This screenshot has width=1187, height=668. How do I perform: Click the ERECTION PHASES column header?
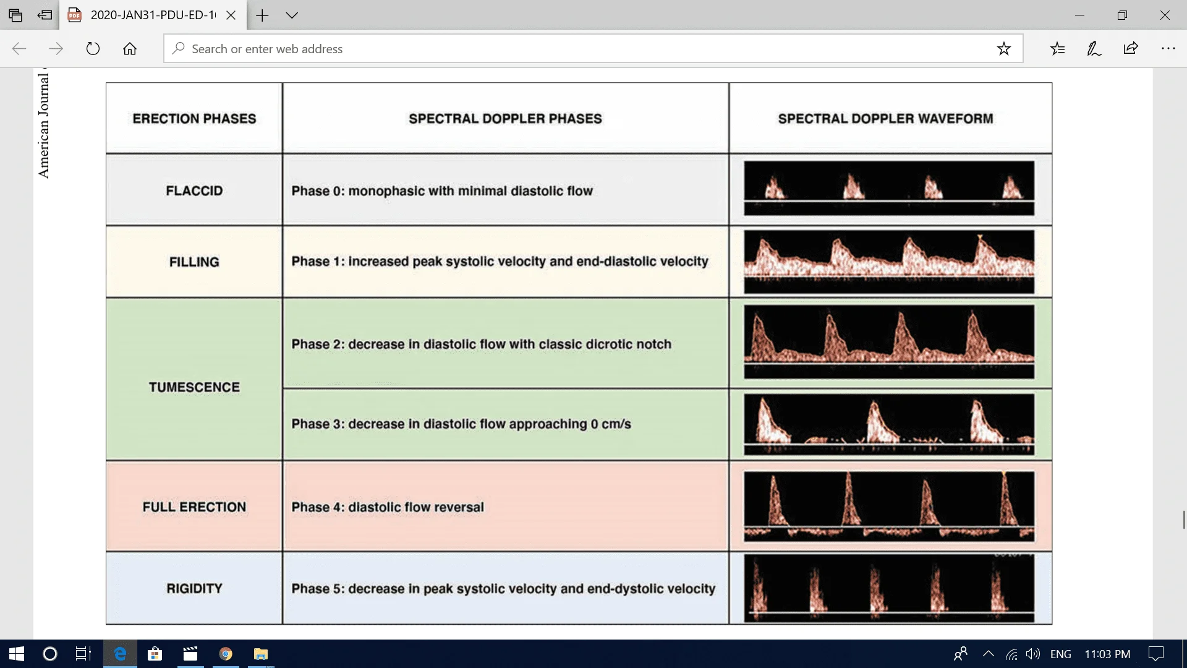tap(194, 119)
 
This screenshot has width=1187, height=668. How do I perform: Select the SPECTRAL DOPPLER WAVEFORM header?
tap(885, 119)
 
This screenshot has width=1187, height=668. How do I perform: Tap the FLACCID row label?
tap(194, 191)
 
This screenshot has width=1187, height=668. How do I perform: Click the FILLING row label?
tap(194, 262)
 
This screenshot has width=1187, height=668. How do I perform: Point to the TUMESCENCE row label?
tap(194, 387)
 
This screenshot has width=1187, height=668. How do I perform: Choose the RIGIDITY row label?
tap(194, 588)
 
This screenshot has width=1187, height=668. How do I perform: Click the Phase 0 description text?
tap(442, 191)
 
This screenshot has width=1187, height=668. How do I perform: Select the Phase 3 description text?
tap(461, 424)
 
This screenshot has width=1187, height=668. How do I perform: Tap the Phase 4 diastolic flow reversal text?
tap(388, 507)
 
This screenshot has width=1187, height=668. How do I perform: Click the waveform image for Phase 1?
tap(889, 262)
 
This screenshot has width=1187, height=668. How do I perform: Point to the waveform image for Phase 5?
tap(889, 588)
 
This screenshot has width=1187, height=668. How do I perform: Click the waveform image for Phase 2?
tap(889, 341)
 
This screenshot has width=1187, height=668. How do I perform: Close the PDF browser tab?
tap(231, 15)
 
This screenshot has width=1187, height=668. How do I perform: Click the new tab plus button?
tap(262, 15)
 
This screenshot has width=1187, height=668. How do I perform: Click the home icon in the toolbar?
tap(130, 49)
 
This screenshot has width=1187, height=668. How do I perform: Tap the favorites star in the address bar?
tap(1003, 49)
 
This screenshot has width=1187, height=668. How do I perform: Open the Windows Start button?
tap(17, 654)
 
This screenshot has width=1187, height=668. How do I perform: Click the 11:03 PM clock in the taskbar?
tap(1107, 654)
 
